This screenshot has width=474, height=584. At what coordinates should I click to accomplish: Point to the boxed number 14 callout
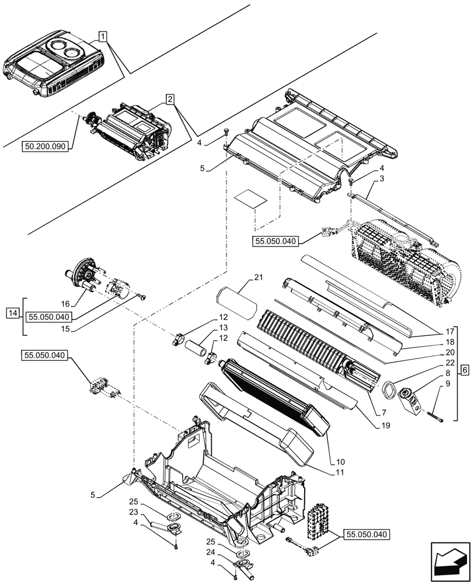tap(12, 314)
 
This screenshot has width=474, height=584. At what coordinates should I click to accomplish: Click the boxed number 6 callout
tap(464, 370)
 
